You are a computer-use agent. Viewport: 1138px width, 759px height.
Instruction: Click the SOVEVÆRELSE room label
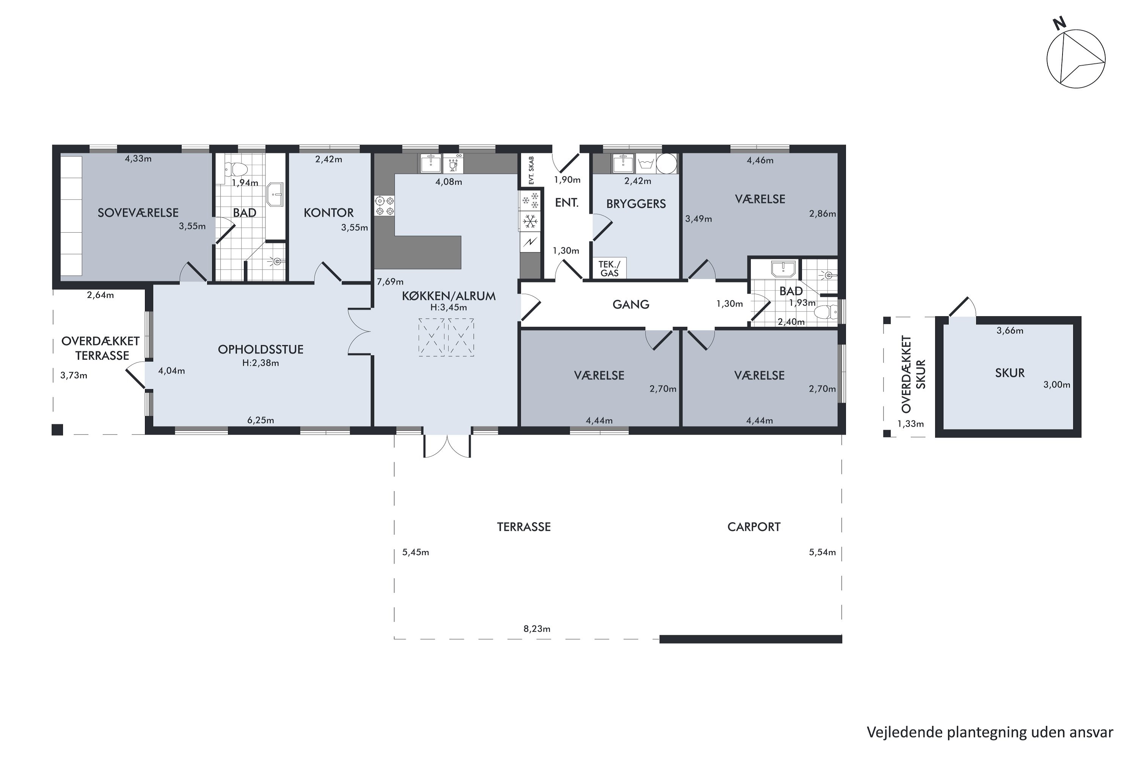coord(138,213)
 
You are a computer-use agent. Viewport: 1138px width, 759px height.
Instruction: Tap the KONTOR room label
coord(329,213)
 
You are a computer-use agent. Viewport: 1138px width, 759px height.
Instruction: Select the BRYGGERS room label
coord(636,204)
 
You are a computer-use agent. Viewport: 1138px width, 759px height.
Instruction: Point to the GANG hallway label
coord(630,304)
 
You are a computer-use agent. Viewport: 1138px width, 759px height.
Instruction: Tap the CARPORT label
coord(754,527)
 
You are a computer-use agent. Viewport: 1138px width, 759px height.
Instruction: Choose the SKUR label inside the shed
coord(1010,373)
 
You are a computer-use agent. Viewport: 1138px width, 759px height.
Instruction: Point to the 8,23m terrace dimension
coord(537,629)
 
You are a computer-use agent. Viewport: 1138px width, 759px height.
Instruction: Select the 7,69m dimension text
coord(390,281)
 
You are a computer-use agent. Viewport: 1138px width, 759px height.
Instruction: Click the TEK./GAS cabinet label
coord(609,269)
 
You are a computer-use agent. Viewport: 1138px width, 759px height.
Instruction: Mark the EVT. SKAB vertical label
coord(531,170)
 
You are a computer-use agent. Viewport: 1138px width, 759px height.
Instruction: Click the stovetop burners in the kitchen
coord(384,206)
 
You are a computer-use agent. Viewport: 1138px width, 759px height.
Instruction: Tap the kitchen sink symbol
coord(430,164)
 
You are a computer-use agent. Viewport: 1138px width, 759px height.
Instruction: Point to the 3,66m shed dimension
coord(1010,331)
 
